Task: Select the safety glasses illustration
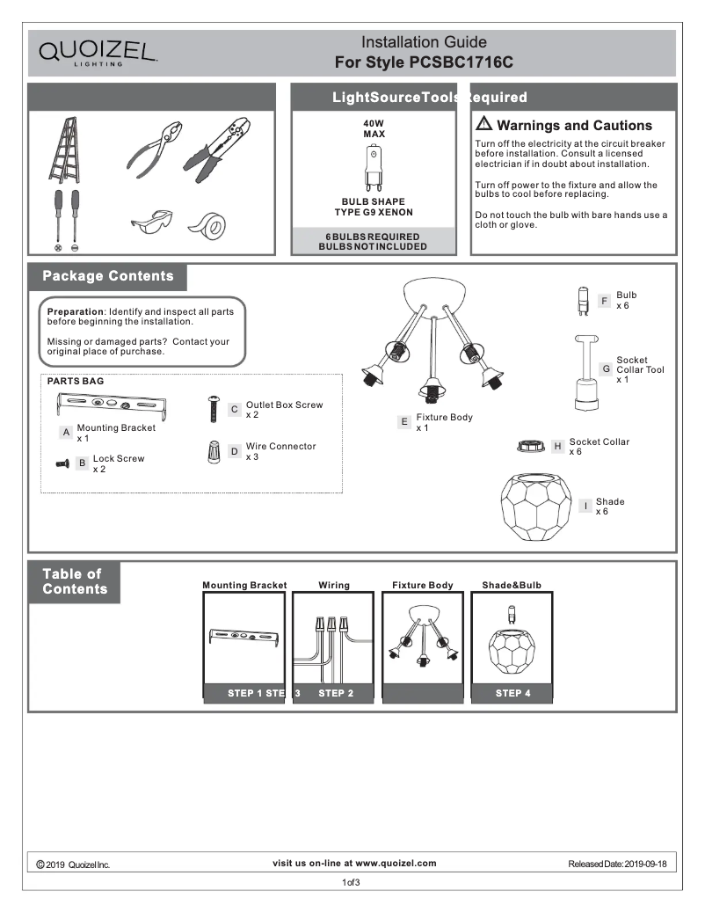tap(151, 223)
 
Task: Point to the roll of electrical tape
tap(208, 225)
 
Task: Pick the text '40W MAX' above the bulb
tap(374, 128)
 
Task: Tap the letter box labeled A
tap(66, 433)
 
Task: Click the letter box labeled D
tap(235, 451)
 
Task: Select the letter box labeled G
tap(606, 368)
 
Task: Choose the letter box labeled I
tap(585, 506)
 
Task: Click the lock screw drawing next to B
tap(62, 463)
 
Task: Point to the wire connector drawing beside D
tap(214, 453)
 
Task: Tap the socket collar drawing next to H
tap(532, 447)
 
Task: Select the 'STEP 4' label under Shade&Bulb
tap(512, 693)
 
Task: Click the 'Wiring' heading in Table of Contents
tap(334, 585)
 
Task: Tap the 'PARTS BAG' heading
tap(75, 382)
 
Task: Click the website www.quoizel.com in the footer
tap(396, 864)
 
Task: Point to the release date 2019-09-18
tap(645, 865)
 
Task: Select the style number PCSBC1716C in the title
tap(461, 63)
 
